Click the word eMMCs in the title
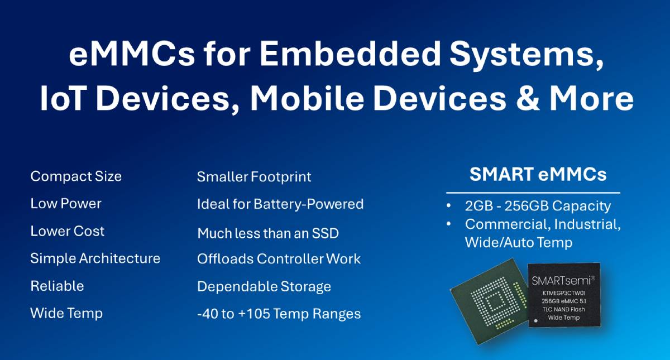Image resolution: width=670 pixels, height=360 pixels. pos(132,54)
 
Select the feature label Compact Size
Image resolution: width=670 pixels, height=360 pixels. pos(76,176)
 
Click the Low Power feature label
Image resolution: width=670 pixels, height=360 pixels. pos(66,204)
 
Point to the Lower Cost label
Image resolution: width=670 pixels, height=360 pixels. pos(68,231)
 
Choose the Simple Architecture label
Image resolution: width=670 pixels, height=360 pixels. pos(95,258)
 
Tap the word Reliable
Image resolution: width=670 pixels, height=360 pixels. pos(57,286)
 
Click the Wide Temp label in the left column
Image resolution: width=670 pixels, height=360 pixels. pos(66,313)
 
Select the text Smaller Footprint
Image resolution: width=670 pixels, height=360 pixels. pos(254,177)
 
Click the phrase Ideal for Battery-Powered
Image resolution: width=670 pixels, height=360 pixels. pos(280,204)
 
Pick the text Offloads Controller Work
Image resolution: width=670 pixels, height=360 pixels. pos(279,259)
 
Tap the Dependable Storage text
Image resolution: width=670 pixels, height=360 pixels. pos(264,286)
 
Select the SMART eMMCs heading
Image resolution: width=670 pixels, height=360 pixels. pos(538,174)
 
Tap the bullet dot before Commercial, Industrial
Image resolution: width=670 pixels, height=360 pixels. pos(448,224)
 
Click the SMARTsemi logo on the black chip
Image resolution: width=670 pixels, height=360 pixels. pos(563,280)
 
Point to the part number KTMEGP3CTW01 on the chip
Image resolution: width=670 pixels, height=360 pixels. pos(563,293)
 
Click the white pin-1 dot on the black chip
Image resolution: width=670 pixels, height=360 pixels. pos(536,321)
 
